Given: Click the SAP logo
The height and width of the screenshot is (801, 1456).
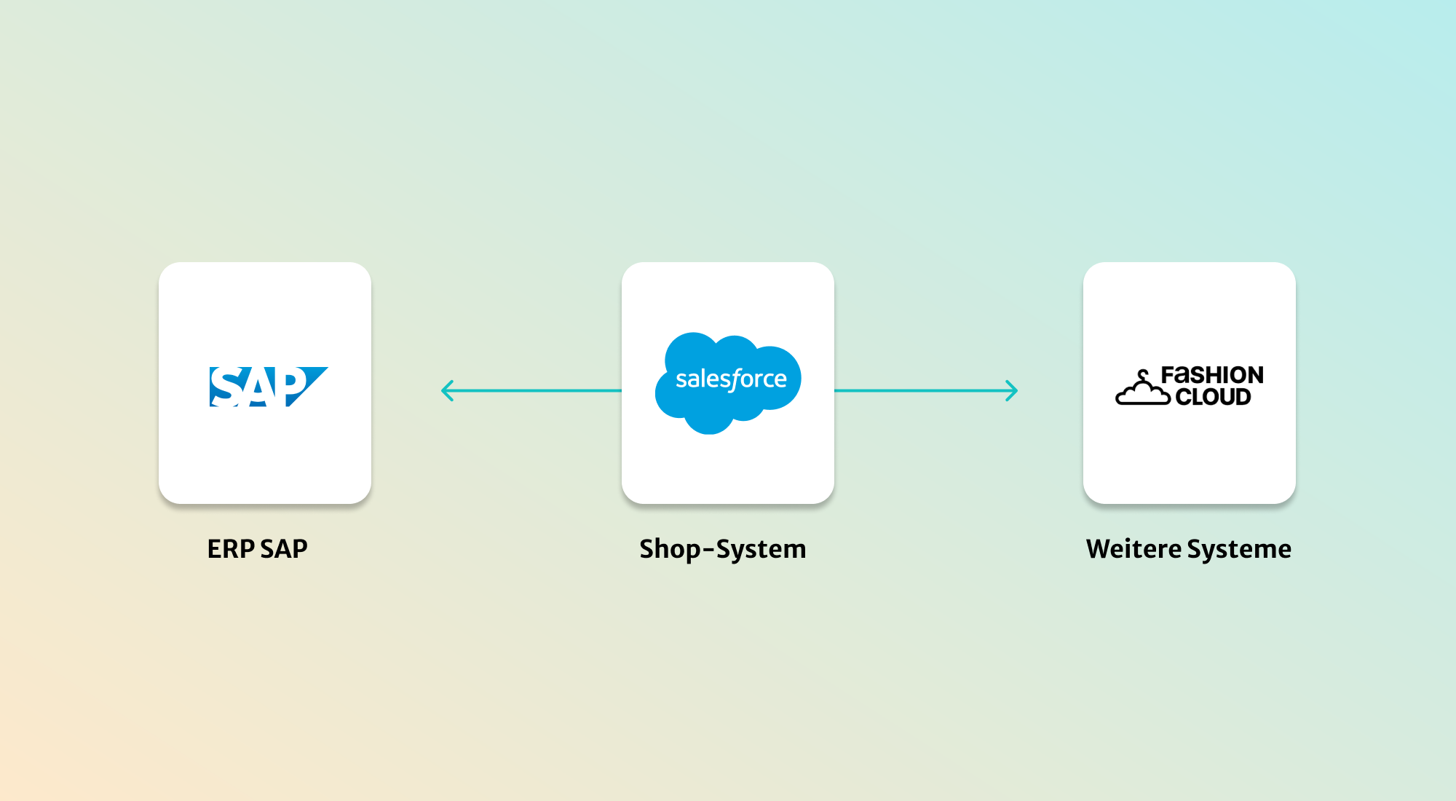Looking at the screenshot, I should click(x=268, y=387).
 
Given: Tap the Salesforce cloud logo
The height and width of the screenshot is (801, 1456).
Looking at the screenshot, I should click(x=728, y=382).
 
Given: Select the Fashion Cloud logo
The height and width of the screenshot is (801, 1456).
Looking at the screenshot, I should click(x=1190, y=386).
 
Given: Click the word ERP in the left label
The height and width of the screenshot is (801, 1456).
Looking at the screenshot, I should click(x=231, y=549).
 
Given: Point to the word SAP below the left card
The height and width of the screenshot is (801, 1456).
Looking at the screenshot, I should click(x=284, y=549).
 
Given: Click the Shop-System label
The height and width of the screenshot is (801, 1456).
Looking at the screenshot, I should click(x=723, y=549).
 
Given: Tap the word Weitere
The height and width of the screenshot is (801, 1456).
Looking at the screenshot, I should click(x=1133, y=549).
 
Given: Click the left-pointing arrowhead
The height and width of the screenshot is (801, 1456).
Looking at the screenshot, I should click(x=446, y=391).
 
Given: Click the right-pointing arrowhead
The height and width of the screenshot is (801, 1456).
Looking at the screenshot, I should click(x=1012, y=391).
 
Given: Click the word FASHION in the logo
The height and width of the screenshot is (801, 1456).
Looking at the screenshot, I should click(x=1212, y=375).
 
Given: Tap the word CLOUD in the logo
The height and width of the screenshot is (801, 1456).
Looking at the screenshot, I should click(x=1213, y=397).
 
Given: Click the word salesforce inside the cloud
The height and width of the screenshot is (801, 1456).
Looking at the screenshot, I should click(x=731, y=379).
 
